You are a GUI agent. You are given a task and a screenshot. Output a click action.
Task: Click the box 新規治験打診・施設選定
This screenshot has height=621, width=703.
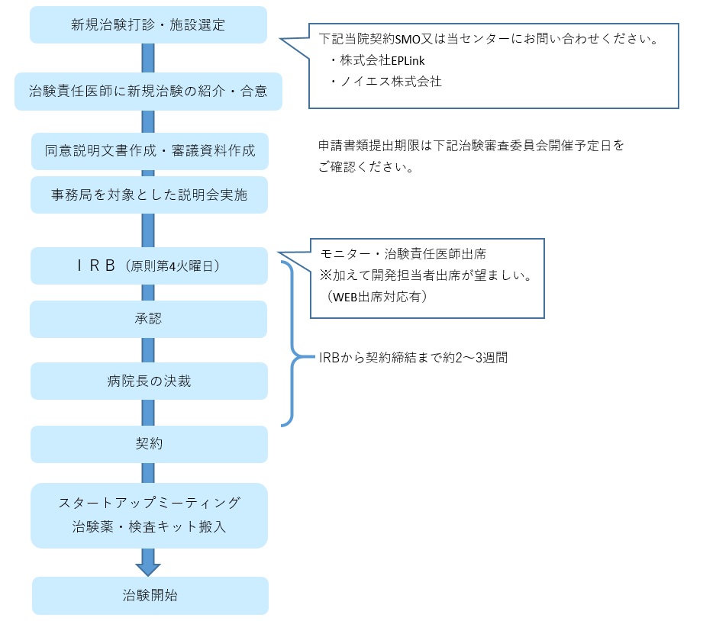[148, 24]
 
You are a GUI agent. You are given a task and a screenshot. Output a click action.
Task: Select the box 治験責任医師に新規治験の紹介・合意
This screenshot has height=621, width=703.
[148, 92]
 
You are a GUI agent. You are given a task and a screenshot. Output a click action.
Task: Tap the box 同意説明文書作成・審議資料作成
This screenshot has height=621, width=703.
[150, 151]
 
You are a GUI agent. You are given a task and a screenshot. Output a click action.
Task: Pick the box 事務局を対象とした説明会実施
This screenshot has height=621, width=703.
[150, 195]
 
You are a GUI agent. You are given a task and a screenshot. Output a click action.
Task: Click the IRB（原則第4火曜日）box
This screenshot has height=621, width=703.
[150, 265]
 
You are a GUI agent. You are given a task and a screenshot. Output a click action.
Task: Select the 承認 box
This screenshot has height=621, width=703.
[148, 319]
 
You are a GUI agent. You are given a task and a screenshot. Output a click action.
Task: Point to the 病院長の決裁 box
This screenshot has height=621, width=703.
[150, 381]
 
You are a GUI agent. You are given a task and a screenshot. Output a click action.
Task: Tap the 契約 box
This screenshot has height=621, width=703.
[150, 444]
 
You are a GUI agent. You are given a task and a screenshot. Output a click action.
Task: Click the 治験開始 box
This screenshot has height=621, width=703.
[150, 596]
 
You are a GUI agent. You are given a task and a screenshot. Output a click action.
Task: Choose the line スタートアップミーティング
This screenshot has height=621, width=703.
[150, 503]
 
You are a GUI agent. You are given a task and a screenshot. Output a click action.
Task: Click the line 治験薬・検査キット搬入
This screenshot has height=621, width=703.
[150, 526]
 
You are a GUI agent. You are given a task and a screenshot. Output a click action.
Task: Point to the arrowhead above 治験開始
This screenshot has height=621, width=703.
[148, 569]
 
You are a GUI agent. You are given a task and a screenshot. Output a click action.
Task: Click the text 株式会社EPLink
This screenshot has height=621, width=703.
[382, 60]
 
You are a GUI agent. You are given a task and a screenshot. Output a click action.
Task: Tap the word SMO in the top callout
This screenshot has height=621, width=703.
[408, 40]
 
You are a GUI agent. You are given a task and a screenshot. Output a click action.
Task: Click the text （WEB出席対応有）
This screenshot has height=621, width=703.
[376, 297]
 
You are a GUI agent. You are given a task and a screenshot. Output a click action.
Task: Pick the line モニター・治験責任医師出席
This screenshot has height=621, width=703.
[404, 254]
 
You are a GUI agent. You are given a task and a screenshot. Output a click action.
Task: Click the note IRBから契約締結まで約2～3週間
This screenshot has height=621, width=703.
[414, 358]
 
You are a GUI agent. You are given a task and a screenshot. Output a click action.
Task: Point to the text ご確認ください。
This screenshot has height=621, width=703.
[366, 167]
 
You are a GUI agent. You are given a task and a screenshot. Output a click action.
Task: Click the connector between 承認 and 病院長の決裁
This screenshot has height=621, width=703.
[148, 350]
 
